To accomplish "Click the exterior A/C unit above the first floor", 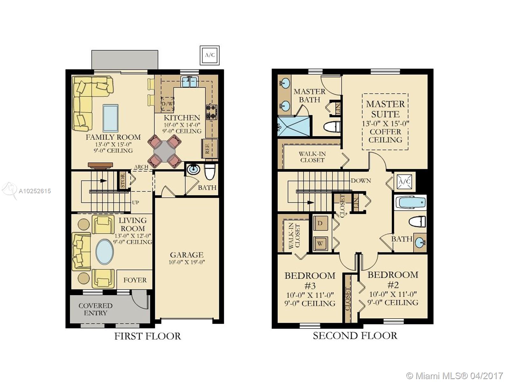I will [210, 55].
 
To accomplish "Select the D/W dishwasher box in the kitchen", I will [167, 103].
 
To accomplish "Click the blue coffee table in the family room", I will [110, 118].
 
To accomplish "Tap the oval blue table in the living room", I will [105, 252].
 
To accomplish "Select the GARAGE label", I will [186, 255].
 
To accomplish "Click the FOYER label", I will [135, 280].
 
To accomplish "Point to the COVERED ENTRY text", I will [95, 309].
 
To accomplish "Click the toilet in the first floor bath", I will [210, 172].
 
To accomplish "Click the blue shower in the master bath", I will [293, 126].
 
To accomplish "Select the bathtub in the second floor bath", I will [410, 202].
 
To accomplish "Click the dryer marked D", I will [320, 223].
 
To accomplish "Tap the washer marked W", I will [320, 244].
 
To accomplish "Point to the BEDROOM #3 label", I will [310, 280].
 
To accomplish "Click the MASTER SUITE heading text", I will [385, 109].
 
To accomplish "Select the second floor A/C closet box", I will [404, 182].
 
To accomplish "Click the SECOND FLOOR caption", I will [355, 336].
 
